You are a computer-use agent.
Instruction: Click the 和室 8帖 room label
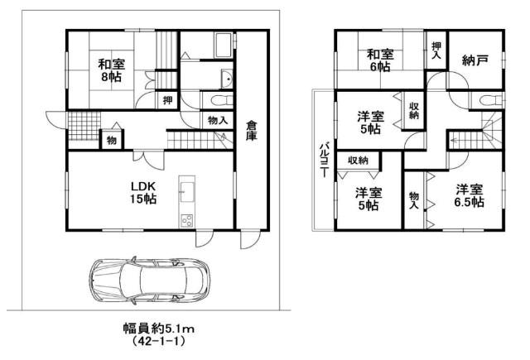pyautogui.click(x=112, y=70)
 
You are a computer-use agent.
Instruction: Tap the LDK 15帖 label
pyautogui.click(x=143, y=193)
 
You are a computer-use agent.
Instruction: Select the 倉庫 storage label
pyautogui.click(x=251, y=131)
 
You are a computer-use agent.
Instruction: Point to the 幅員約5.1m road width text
pyautogui.click(x=158, y=329)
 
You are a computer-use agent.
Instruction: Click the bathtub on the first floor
pyautogui.click(x=223, y=46)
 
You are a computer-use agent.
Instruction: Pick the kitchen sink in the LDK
pyautogui.click(x=187, y=192)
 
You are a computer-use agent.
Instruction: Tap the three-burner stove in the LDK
pyautogui.click(x=186, y=221)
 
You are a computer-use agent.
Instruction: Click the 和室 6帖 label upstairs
pyautogui.click(x=380, y=60)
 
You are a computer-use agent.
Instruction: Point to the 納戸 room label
pyautogui.click(x=475, y=60)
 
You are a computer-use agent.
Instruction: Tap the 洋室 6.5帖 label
pyautogui.click(x=470, y=195)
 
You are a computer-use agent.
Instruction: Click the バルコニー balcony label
pyautogui.click(x=324, y=160)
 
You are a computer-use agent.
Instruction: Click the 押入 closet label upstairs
pyautogui.click(x=436, y=50)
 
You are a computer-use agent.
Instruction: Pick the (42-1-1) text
pyautogui.click(x=158, y=341)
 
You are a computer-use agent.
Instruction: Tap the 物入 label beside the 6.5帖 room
pyautogui.click(x=414, y=200)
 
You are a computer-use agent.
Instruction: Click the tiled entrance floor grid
pyautogui.click(x=84, y=126)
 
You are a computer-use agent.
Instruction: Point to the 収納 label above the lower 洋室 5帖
pyautogui.click(x=358, y=160)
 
